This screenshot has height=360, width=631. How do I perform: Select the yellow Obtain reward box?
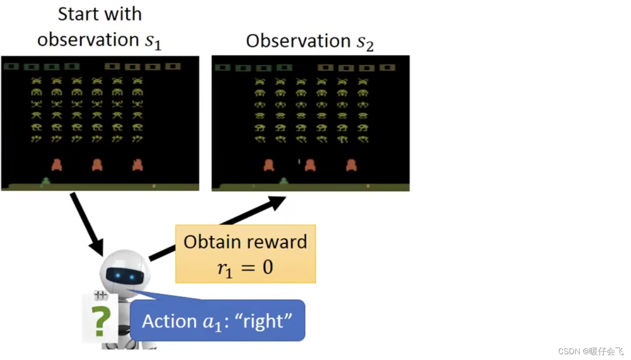click(x=246, y=254)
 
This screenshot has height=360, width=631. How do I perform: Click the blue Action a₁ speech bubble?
click(x=217, y=321)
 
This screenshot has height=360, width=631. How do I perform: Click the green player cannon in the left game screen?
click(x=46, y=181)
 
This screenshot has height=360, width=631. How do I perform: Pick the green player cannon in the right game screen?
click(x=283, y=181)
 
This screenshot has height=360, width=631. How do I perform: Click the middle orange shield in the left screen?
click(x=97, y=165)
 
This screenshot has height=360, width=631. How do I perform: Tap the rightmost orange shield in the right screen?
click(x=351, y=165)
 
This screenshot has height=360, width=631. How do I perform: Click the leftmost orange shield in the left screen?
click(x=57, y=165)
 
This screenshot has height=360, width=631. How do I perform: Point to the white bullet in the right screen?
click(x=299, y=162)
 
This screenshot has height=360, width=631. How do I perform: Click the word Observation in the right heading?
click(x=297, y=41)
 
